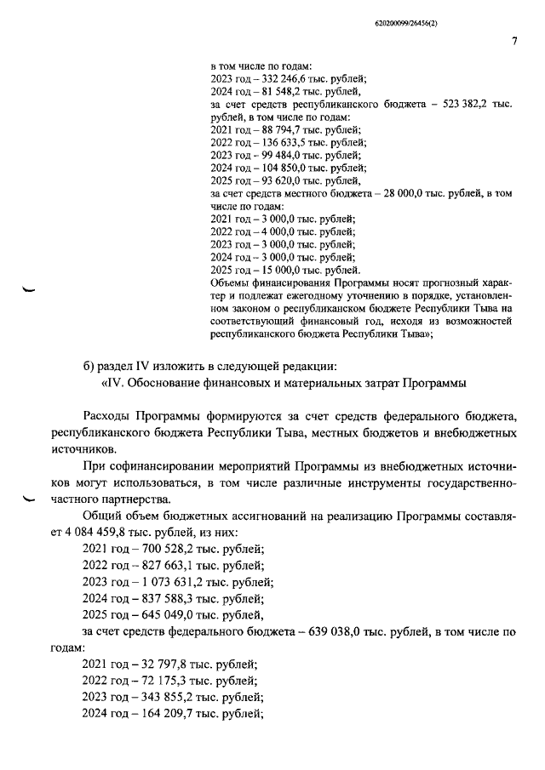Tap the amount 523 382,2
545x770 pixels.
pyautogui.click(x=468, y=104)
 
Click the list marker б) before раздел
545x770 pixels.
pyautogui.click(x=89, y=366)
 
